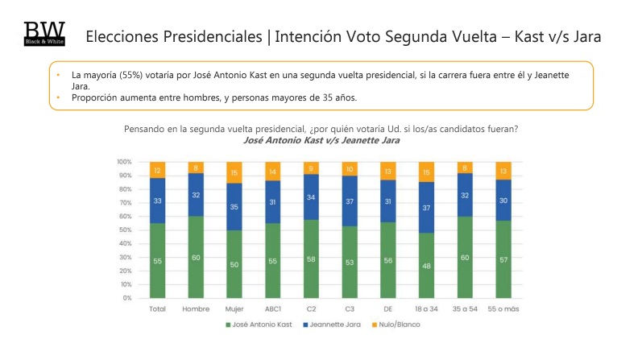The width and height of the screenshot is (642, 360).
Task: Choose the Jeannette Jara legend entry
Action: point(333,325)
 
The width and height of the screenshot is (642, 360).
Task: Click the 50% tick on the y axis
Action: point(124,230)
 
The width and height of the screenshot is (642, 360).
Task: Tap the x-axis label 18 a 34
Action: point(426,308)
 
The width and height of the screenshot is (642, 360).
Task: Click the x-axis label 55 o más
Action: point(503,308)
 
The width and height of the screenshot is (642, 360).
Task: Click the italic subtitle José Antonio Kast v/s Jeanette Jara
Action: point(321,141)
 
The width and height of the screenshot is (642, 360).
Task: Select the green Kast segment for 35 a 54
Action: point(465,257)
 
